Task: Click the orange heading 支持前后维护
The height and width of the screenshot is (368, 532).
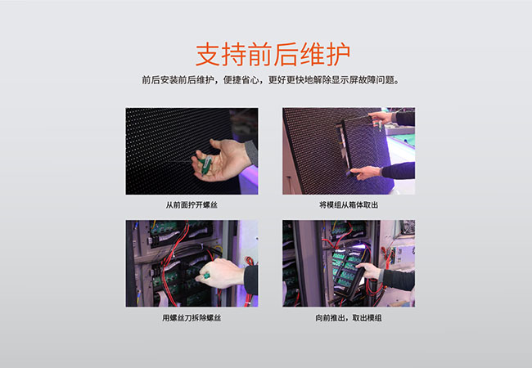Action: (x=273, y=55)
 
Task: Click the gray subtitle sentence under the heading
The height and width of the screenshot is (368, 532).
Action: (x=270, y=80)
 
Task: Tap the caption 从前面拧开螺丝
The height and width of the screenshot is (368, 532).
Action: (x=192, y=205)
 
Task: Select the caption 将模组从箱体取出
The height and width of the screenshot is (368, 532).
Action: (x=349, y=205)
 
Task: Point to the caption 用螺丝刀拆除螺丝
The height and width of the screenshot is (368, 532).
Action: (x=192, y=317)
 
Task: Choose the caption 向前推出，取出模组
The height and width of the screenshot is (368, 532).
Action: (x=349, y=317)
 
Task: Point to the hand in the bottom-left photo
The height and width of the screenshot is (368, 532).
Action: (x=220, y=272)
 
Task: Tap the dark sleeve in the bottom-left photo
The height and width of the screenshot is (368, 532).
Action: (x=250, y=279)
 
